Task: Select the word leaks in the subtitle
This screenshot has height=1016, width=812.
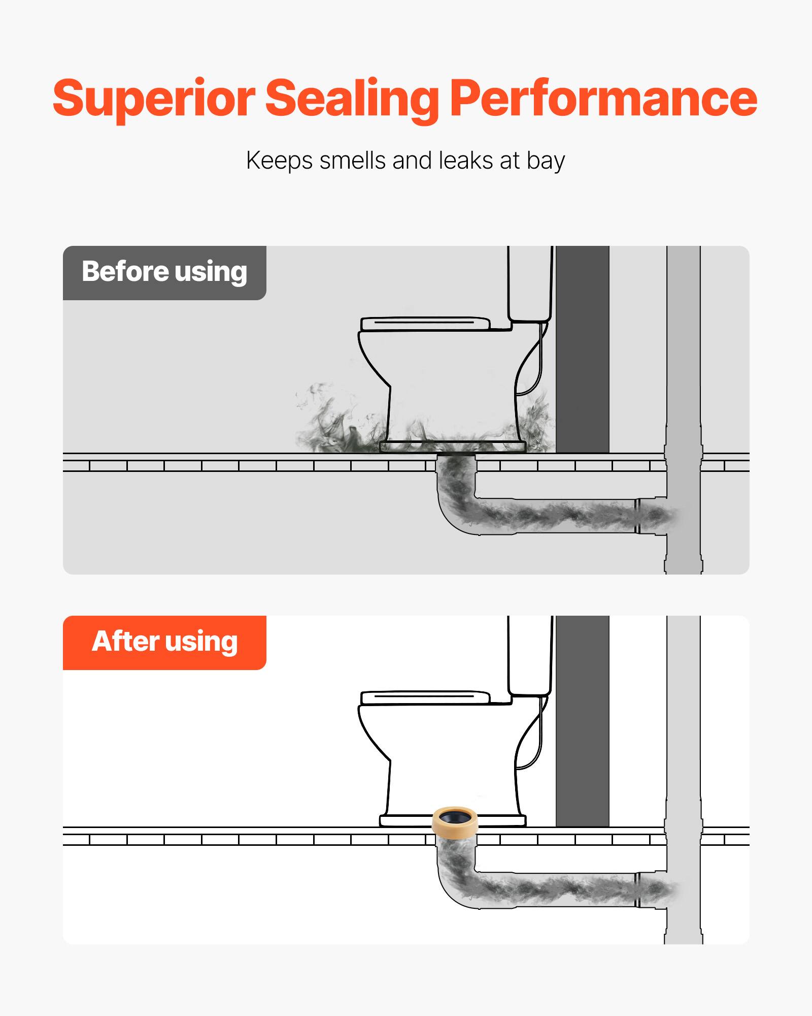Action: click(x=466, y=161)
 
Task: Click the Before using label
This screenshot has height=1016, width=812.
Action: click(x=164, y=272)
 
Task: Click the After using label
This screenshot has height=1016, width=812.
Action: click(x=164, y=642)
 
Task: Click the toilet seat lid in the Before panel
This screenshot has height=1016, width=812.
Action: click(x=425, y=324)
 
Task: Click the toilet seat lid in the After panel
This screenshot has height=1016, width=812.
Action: click(x=425, y=697)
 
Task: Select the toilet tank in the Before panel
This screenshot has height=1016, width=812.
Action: click(x=530, y=284)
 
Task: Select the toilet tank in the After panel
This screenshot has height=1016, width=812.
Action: click(x=530, y=655)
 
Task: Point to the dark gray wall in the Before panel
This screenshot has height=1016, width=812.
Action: click(x=582, y=351)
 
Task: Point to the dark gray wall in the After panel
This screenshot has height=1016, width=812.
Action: click(x=582, y=721)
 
